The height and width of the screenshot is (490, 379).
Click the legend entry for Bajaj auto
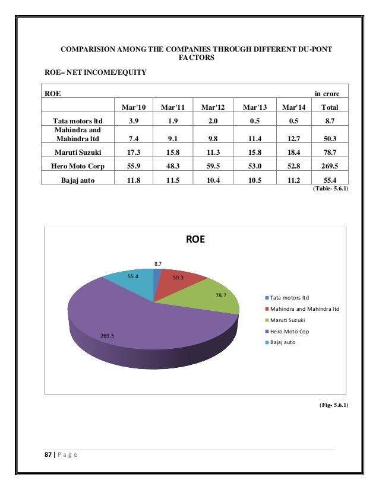(x=282, y=342)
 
